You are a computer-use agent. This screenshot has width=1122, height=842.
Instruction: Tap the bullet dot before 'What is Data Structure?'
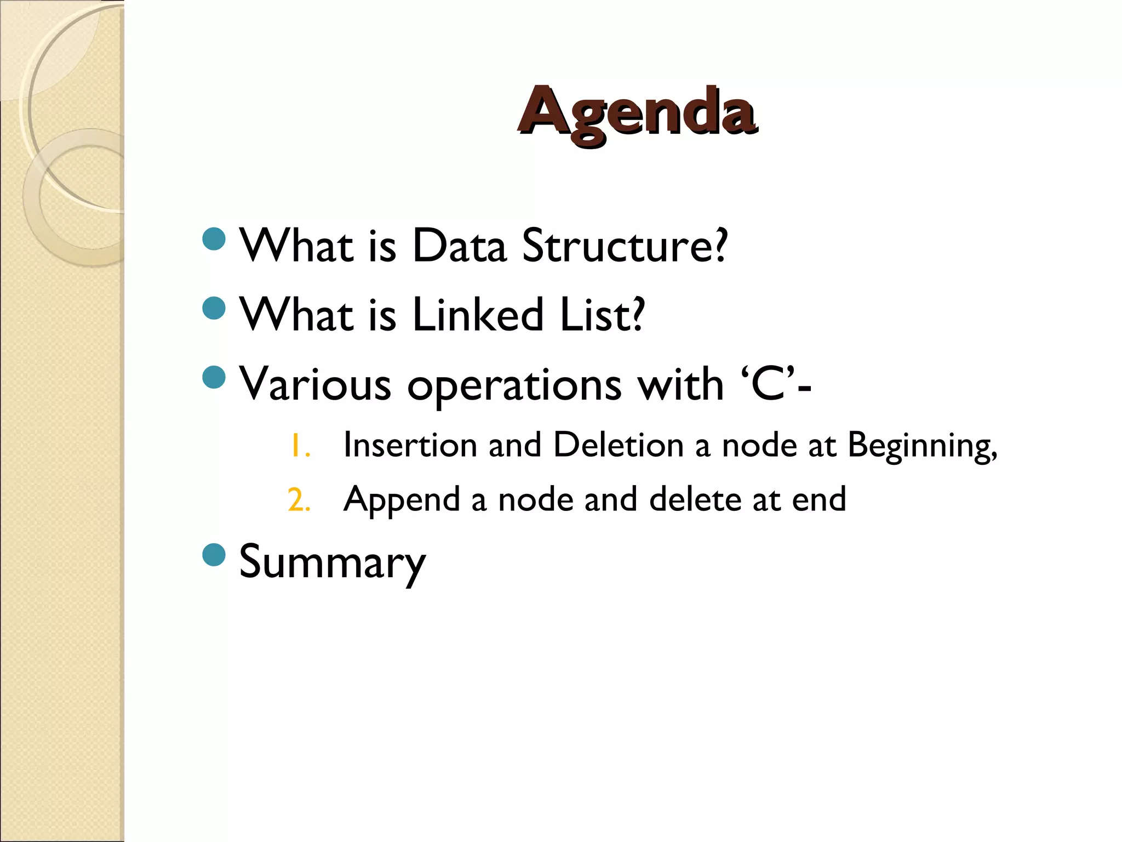tap(214, 239)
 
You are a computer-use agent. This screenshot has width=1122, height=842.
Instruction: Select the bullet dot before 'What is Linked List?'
tap(214, 308)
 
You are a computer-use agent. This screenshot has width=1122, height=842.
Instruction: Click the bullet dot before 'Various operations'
tap(214, 377)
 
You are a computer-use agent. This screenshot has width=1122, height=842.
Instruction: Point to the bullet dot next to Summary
tap(214, 555)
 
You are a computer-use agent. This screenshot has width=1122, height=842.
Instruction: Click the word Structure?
tap(625, 246)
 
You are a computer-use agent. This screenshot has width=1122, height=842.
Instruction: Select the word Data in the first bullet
tap(459, 246)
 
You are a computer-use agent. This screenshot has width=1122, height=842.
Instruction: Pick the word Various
tap(316, 384)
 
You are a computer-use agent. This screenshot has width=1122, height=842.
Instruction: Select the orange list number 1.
tap(300, 445)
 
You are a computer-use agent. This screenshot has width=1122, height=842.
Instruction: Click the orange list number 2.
tap(299, 500)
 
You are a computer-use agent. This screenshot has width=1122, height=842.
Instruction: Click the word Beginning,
tap(923, 446)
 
